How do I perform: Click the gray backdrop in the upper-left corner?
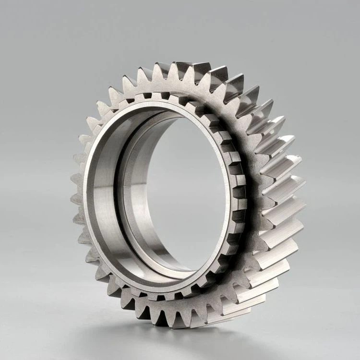click(x=29, y=29)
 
